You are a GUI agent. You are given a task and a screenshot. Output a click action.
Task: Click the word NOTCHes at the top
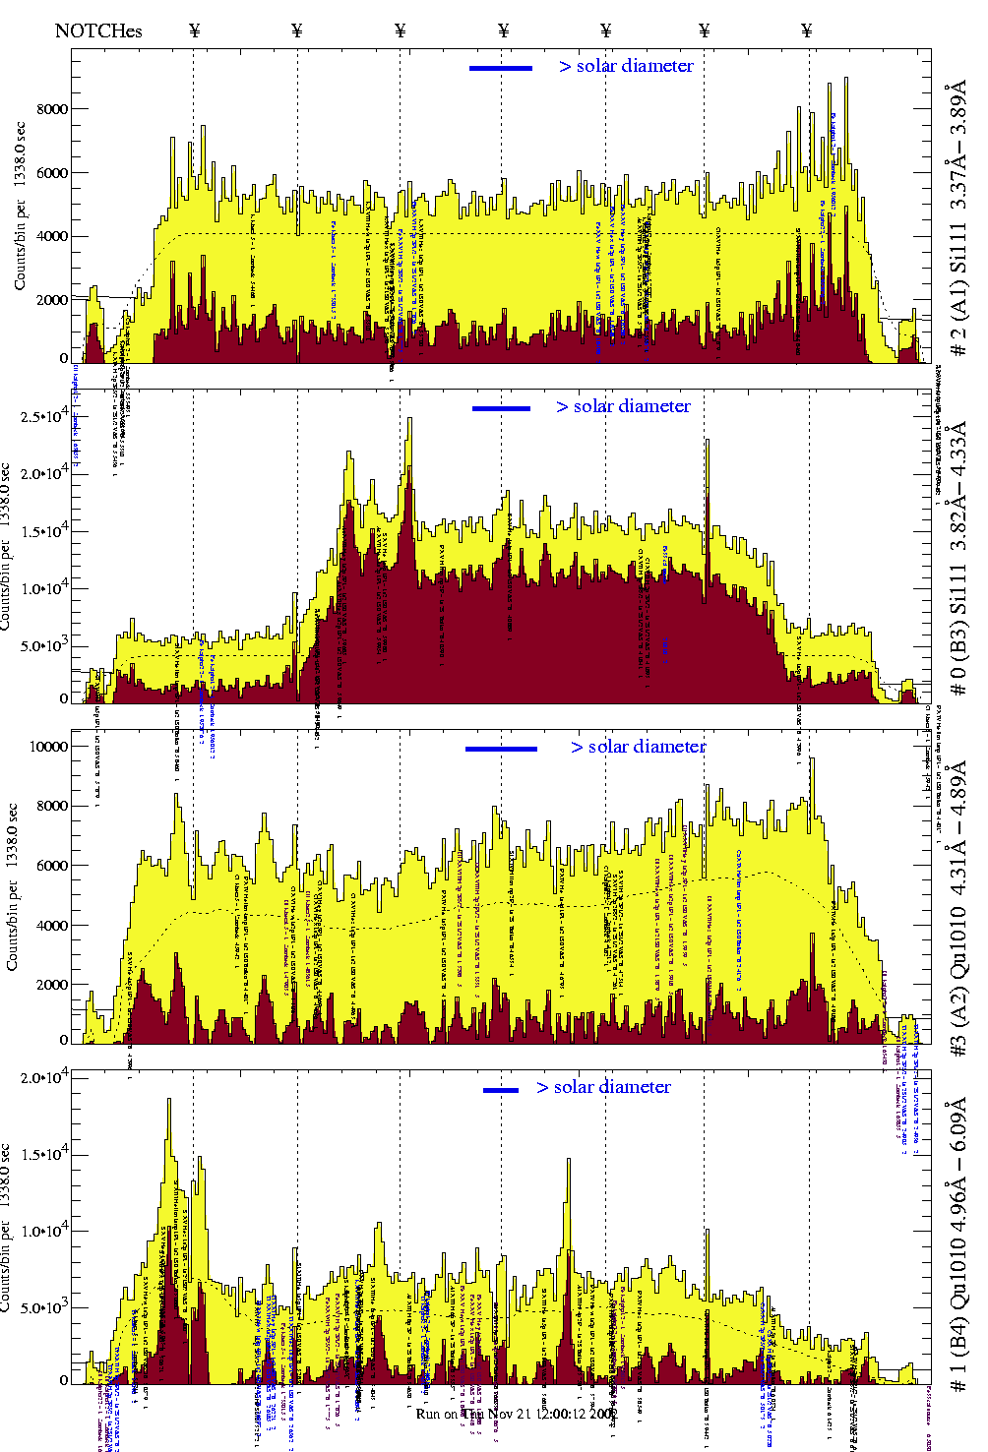(x=98, y=30)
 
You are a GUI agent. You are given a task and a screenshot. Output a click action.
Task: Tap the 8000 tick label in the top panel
(x=52, y=109)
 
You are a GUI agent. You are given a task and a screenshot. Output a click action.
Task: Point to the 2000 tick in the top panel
(x=52, y=300)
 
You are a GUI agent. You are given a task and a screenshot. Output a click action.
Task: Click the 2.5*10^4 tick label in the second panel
(x=44, y=417)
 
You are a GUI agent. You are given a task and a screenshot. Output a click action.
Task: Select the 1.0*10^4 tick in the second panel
(x=44, y=589)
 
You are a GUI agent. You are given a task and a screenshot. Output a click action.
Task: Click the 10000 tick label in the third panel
(x=49, y=747)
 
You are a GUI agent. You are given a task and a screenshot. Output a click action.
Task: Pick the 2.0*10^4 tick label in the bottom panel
(x=44, y=1078)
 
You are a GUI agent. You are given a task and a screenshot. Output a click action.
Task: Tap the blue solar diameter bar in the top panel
(x=501, y=68)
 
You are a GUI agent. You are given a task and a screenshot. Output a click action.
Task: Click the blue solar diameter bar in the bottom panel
(x=501, y=1090)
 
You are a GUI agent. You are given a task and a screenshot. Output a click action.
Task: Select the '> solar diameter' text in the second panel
(x=623, y=406)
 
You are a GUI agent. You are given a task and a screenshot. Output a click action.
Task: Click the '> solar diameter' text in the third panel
(x=638, y=747)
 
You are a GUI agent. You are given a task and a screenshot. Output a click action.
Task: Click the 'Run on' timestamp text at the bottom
(x=517, y=1414)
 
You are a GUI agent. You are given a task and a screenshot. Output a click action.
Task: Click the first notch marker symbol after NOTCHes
(x=194, y=30)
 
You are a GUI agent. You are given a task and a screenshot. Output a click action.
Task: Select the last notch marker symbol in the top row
(x=807, y=30)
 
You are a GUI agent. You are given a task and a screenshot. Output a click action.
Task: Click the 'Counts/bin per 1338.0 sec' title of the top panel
(x=20, y=206)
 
